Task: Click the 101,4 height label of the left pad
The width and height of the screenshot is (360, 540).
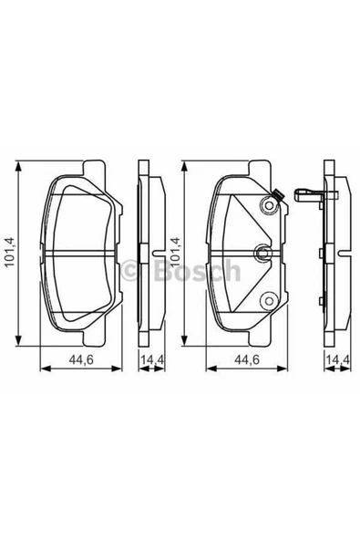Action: point(11,253)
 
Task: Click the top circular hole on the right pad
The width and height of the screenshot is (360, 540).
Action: point(269,209)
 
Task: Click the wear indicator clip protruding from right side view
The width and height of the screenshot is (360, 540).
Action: point(310,194)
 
